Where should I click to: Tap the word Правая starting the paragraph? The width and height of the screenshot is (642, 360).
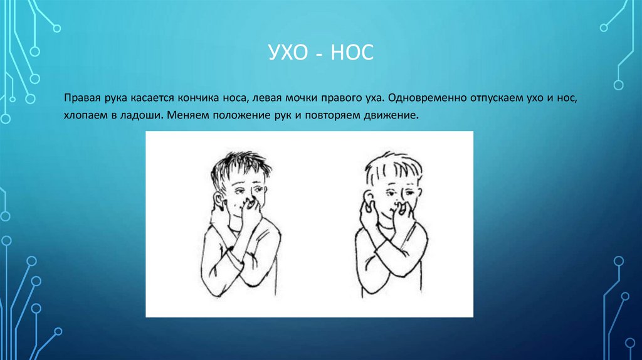tap(80, 100)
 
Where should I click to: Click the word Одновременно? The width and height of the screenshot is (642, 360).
tap(418, 100)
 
